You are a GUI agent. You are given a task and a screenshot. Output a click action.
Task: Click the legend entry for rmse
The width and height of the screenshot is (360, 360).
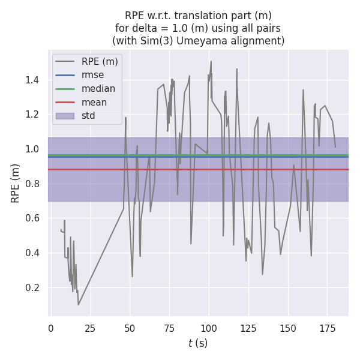[x=92, y=75]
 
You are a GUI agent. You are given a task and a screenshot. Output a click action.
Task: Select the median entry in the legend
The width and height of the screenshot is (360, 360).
[x=98, y=89]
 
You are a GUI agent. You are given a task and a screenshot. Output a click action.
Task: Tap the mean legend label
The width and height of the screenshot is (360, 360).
[x=94, y=103]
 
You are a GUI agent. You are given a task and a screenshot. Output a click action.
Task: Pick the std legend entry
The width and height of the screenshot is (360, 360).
[x=89, y=116]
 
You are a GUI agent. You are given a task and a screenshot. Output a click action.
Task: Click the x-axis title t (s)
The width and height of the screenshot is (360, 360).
[x=198, y=343]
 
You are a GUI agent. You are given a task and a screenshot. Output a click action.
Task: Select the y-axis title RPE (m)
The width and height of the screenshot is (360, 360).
[x=16, y=183]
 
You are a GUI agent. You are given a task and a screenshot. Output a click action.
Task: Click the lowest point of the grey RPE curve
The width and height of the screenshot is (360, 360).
[x=78, y=305]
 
